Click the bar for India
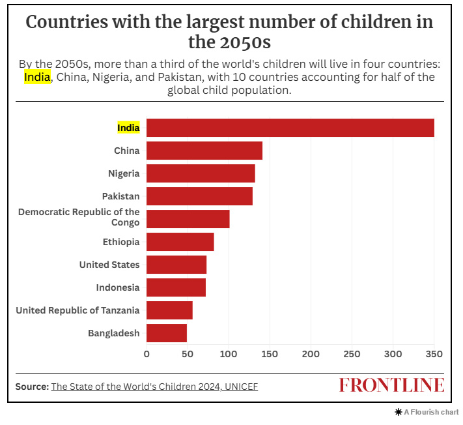click(290, 128)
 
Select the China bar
click(204, 151)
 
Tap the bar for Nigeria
click(201, 173)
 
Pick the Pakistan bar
click(199, 196)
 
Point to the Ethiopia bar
click(180, 242)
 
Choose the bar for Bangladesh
click(166, 333)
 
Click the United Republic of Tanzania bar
click(169, 310)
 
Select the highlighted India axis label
click(128, 128)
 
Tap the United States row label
click(109, 265)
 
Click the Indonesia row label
click(117, 287)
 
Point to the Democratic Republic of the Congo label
click(79, 217)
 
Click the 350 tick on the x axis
click(434, 354)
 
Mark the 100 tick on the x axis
click(229, 354)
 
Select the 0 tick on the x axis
click(147, 354)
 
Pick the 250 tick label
click(352, 354)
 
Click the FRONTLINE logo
click(391, 385)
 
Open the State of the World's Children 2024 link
click(154, 387)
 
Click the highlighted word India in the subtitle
click(37, 78)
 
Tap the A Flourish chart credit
click(427, 412)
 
